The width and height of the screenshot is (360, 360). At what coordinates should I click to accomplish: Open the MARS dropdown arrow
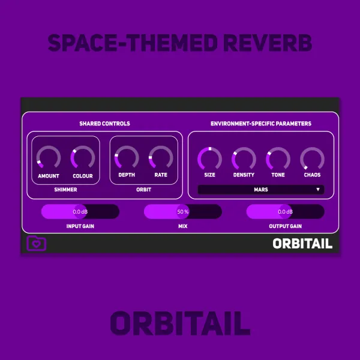[x=318, y=190]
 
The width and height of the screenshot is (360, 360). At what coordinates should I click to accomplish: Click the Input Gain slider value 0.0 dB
[x=80, y=212]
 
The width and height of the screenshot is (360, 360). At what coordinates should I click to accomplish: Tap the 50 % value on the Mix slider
[x=183, y=212]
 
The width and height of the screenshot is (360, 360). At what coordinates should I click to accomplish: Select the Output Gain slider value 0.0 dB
[x=286, y=212]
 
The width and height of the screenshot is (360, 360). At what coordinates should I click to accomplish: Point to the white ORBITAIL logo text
[x=302, y=244]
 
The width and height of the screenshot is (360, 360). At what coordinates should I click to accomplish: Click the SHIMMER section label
[x=65, y=190]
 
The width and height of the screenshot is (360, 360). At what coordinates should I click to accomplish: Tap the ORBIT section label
[x=144, y=190]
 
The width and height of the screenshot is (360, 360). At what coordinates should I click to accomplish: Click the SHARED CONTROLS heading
[x=104, y=124]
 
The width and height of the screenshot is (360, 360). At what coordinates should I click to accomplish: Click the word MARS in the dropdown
[x=261, y=190]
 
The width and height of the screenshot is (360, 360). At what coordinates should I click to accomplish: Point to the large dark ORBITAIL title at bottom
[x=180, y=323]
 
